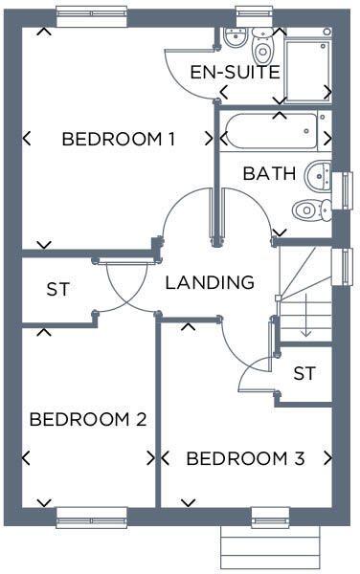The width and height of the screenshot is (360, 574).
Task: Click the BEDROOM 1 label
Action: coord(118,140)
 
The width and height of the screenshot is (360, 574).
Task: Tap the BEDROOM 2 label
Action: coord(87,419)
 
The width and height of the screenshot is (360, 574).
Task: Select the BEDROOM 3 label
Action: coord(245,459)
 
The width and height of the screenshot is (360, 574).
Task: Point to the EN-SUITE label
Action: coord(235,73)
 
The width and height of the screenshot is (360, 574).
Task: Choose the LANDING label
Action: coord(210,283)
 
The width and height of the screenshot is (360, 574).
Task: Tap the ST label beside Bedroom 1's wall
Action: coord(57,288)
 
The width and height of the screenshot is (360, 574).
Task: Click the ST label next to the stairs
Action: coord(304,373)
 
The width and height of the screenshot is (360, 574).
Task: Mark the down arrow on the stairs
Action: coord(306,320)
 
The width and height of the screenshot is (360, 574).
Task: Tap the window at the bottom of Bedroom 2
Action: coord(92,521)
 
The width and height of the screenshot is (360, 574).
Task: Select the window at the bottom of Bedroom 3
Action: coord(271,521)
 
